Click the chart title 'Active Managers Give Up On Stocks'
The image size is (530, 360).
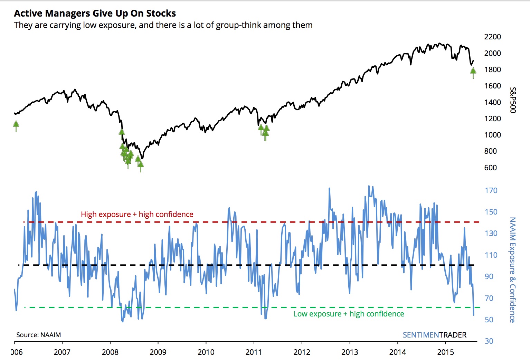click(x=95, y=13)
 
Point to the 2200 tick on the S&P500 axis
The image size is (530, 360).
click(x=492, y=37)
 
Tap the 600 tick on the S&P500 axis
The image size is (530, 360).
click(x=490, y=168)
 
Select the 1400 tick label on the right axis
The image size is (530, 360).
click(x=492, y=102)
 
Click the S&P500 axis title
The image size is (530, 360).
click(x=513, y=100)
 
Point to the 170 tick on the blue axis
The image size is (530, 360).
click(x=491, y=190)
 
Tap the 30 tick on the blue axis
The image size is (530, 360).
click(x=489, y=341)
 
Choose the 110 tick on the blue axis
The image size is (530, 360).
click(x=491, y=255)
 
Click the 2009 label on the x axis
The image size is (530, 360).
click(x=158, y=352)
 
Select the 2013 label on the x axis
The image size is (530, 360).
click(x=350, y=352)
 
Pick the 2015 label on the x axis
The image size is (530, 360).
click(x=446, y=352)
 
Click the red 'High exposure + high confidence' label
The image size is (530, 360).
click(x=137, y=214)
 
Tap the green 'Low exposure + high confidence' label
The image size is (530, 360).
click(x=349, y=314)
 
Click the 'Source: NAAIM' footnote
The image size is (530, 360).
click(x=38, y=335)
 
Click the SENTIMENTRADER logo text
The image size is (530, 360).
click(x=434, y=335)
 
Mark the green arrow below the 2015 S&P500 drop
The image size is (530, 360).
click(x=473, y=72)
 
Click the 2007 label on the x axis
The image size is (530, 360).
click(x=62, y=352)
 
